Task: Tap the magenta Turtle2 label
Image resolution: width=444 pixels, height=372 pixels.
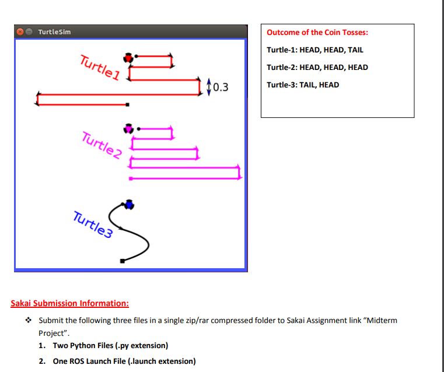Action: [x=102, y=146]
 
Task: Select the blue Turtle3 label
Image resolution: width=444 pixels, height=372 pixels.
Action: [x=93, y=224]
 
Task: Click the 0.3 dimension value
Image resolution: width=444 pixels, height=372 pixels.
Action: [x=220, y=88]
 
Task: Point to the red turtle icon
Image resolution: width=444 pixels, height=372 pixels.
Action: [x=128, y=57]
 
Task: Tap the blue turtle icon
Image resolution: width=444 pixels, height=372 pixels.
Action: [x=130, y=203]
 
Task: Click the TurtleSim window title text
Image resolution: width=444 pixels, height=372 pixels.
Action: [x=54, y=31]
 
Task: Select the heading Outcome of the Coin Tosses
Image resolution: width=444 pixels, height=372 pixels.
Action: [x=317, y=33]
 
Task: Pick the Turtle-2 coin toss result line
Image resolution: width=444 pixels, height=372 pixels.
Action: [x=317, y=67]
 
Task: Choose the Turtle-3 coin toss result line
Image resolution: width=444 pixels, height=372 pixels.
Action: [x=303, y=85]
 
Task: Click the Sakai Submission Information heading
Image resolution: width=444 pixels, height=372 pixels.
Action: [x=70, y=303]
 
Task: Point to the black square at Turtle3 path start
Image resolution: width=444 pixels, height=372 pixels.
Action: [x=122, y=261]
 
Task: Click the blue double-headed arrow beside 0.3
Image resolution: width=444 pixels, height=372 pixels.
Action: [x=209, y=86]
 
